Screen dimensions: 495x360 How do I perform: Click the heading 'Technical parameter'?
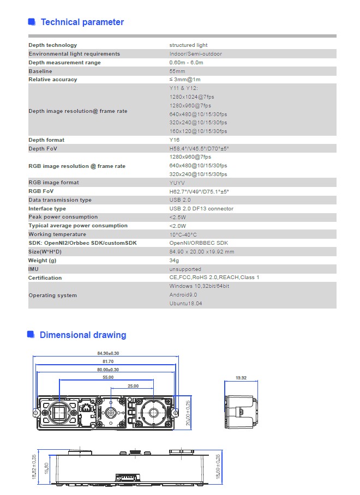82,22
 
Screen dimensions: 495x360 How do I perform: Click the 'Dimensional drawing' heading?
82,335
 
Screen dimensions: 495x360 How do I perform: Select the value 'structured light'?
188,45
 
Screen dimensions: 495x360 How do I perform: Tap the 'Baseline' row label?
40,71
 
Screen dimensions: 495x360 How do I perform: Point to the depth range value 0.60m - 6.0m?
186,63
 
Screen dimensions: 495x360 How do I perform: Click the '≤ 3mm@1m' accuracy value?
185,80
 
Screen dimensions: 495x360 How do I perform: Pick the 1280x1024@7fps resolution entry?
190,96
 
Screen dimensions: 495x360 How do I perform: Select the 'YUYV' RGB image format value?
178,183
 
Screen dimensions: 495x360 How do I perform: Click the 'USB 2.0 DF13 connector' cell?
201,209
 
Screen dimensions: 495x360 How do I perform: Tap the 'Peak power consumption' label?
63,217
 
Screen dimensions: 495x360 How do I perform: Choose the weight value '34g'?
174,261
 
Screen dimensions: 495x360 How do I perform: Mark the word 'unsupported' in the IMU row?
185,269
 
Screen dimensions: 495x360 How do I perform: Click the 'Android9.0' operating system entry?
183,295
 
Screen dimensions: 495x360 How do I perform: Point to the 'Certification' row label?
45,278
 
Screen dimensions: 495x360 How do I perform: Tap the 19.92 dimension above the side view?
241,377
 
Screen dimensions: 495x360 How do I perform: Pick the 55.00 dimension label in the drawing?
108,377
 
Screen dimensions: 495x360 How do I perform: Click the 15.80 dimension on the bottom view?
46,468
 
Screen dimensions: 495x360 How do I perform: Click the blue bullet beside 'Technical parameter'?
32,22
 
